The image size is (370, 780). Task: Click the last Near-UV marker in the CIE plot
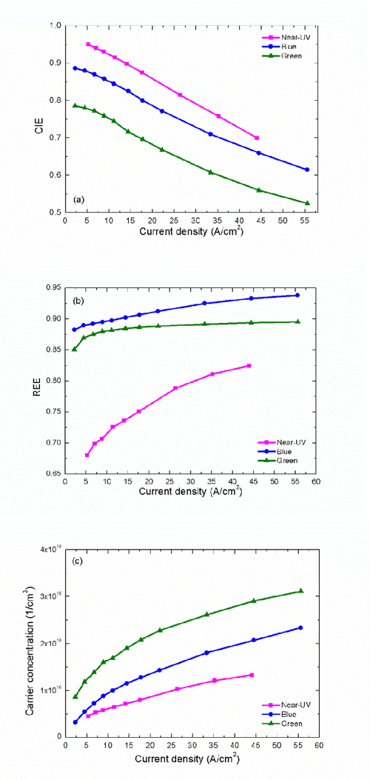point(257,139)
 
